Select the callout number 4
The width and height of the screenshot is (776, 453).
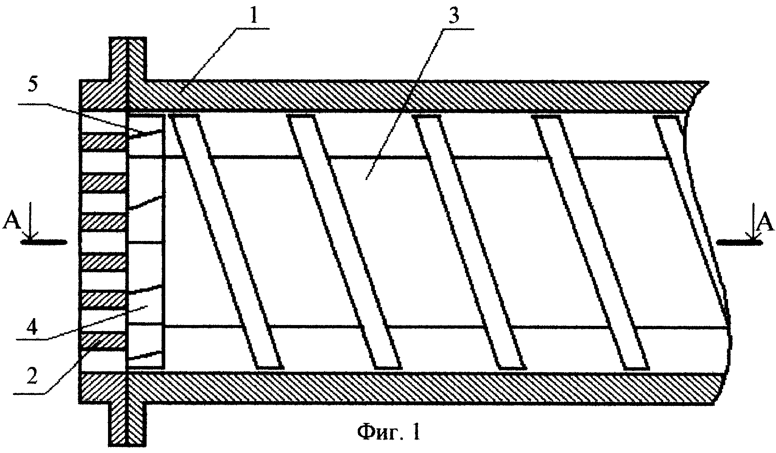coord(34,326)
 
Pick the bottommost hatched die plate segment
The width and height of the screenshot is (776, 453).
coord(104,341)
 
